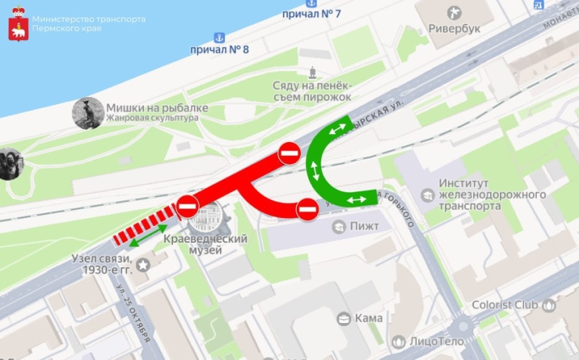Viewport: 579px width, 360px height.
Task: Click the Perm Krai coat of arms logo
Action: pyautogui.click(x=17, y=24)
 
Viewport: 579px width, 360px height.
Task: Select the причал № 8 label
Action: pyautogui.click(x=219, y=49)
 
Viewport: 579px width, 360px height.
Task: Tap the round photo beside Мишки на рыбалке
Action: pyautogui.click(x=88, y=113)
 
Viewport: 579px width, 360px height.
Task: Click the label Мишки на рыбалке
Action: pyautogui.click(x=157, y=108)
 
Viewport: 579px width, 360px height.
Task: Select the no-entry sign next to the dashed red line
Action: pyautogui.click(x=187, y=206)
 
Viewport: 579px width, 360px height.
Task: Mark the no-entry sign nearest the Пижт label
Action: pyautogui.click(x=307, y=209)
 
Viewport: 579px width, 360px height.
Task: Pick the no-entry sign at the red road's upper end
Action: pyautogui.click(x=289, y=154)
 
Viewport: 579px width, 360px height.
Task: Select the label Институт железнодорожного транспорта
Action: pyautogui.click(x=491, y=194)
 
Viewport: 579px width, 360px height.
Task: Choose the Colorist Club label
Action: pyautogui.click(x=507, y=305)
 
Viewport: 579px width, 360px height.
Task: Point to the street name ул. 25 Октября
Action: pyautogui.click(x=135, y=314)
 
